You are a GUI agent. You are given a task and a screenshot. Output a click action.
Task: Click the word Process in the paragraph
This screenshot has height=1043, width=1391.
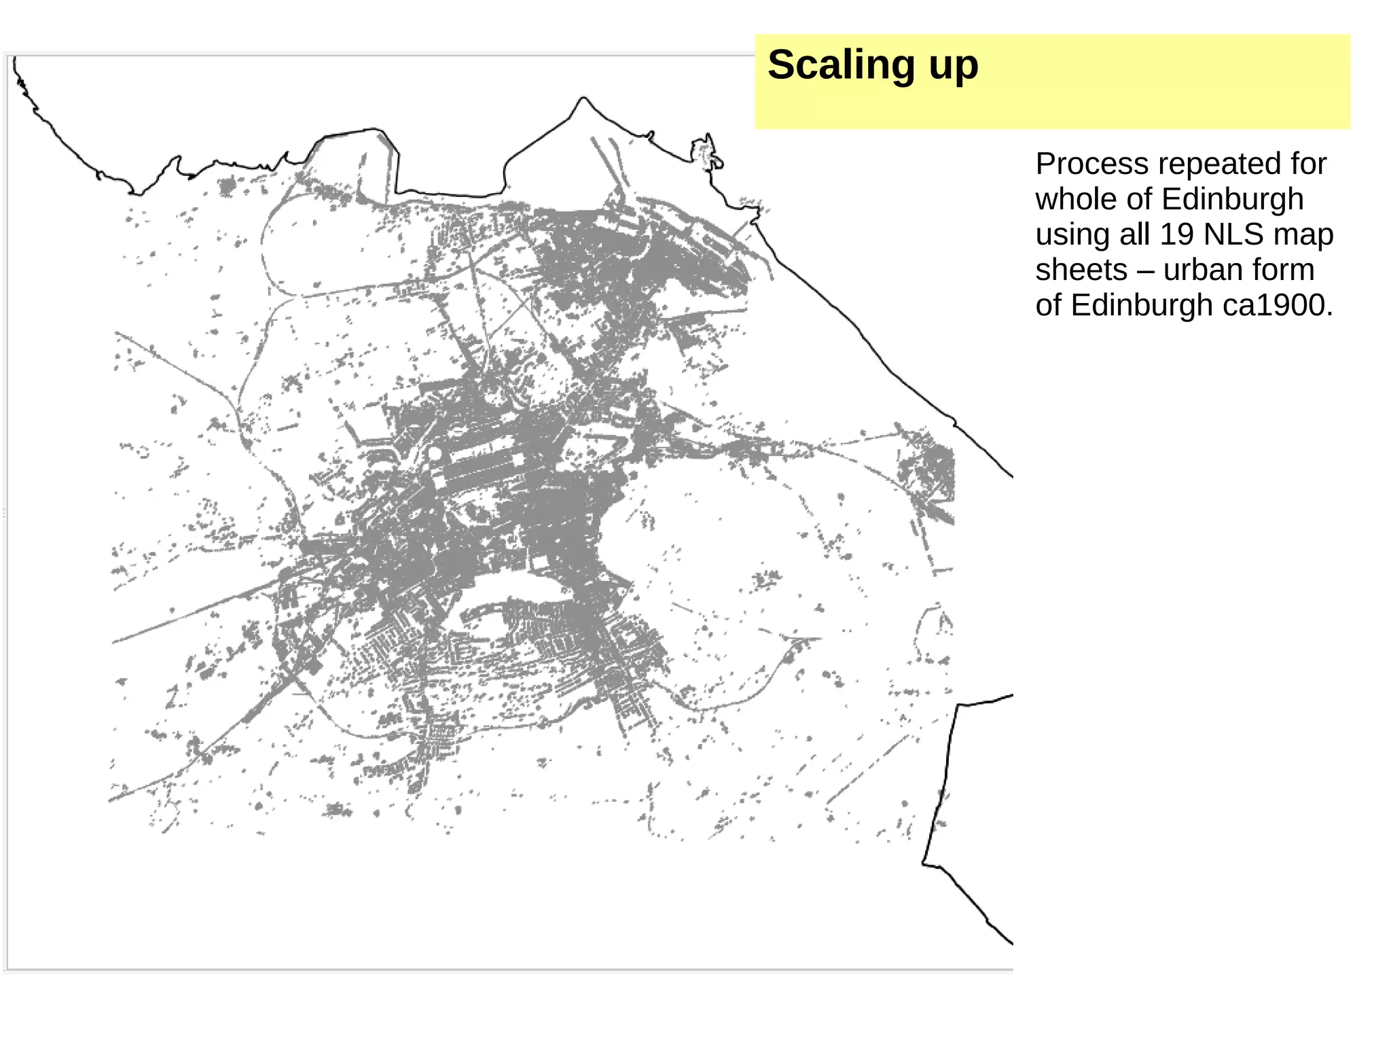click(x=1082, y=164)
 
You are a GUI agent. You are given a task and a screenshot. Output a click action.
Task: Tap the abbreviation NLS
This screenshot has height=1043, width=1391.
click(x=1233, y=235)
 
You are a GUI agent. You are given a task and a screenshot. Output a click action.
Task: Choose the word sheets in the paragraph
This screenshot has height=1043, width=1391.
click(x=1081, y=270)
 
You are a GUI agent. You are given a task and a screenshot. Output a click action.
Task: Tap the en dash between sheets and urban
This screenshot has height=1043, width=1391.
click(x=1145, y=270)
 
